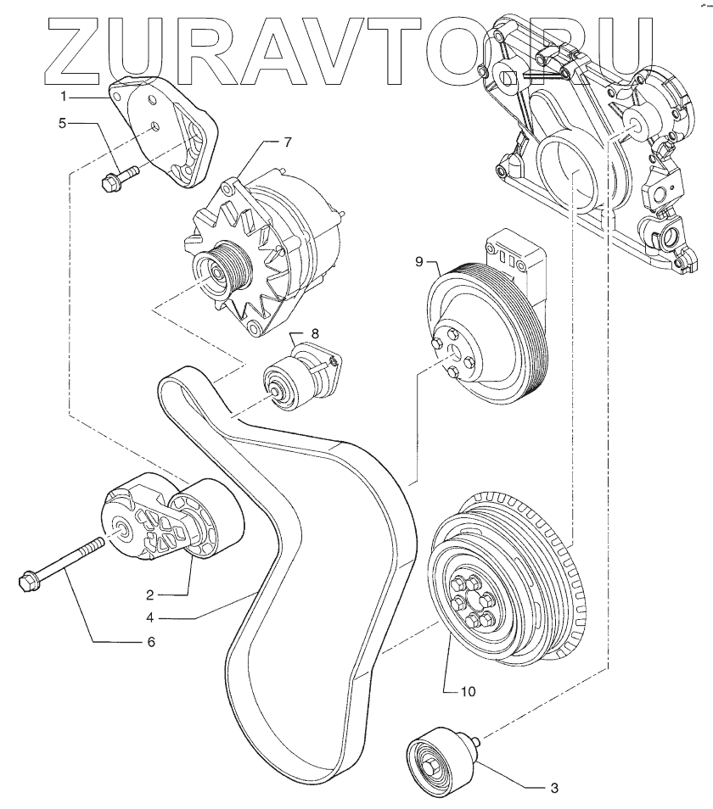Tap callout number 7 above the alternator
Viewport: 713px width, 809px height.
[287, 142]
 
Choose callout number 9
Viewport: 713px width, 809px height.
[419, 262]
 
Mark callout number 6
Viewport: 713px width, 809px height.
[151, 642]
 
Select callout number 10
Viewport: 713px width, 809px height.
[469, 691]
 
